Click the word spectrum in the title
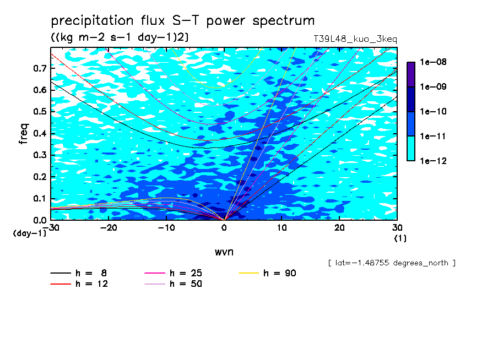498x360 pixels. point(283,21)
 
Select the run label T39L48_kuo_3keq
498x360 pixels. point(355,39)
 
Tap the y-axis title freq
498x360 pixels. point(24,134)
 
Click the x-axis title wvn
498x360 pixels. point(224,252)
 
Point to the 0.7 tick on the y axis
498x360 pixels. point(40,68)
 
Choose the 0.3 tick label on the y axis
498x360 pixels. point(40,155)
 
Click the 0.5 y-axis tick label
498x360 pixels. point(40,112)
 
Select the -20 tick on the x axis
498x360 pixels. point(109,228)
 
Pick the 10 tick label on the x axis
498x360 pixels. point(282,228)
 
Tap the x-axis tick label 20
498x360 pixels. point(339,228)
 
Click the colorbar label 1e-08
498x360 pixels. point(433,62)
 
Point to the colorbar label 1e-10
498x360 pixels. point(433,111)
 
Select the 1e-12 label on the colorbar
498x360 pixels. point(433,161)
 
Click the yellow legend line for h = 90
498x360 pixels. point(248,273)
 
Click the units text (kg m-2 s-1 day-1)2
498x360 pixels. point(120,37)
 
